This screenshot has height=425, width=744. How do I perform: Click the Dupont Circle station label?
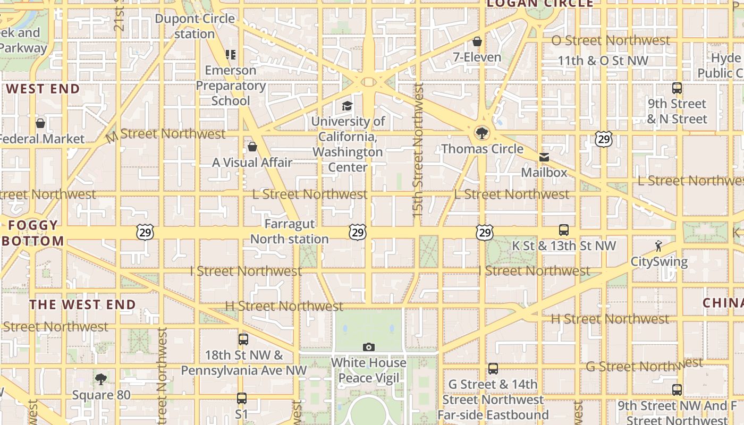[195, 26]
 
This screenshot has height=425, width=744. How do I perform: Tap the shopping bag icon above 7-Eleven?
[477, 41]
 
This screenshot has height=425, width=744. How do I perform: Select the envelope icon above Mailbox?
[544, 157]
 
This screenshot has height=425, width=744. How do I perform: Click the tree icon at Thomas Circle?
[482, 133]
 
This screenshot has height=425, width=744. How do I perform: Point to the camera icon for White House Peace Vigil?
[369, 347]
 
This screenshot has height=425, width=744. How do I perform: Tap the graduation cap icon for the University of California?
[348, 106]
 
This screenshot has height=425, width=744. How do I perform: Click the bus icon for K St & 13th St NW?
[564, 230]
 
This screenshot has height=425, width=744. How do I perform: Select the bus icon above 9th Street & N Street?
[677, 88]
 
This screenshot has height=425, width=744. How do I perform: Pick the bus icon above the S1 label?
[242, 398]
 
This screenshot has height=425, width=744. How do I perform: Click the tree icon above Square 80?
[101, 379]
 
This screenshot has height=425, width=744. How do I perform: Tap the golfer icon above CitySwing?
[659, 246]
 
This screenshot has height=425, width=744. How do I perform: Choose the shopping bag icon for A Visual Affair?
[252, 147]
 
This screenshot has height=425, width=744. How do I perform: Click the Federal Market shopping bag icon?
[40, 123]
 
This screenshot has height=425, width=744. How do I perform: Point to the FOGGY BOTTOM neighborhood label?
[33, 233]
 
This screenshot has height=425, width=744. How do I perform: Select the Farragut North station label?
[290, 232]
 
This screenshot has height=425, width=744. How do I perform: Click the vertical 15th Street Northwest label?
[418, 149]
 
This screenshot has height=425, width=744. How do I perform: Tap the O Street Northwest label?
[611, 40]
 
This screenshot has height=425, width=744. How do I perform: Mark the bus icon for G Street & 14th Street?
[493, 369]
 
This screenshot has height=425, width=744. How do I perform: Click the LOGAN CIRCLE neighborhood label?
[540, 4]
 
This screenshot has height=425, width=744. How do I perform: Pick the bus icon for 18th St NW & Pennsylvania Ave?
[243, 339]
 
